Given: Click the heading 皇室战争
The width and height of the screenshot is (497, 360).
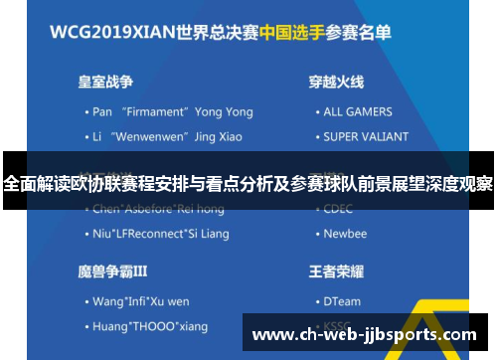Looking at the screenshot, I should [107, 82].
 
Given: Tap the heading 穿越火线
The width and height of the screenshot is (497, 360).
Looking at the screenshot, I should [336, 82].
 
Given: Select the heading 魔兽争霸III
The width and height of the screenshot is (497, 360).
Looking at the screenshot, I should [112, 270].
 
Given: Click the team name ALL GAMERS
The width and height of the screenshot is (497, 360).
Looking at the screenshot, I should [358, 111].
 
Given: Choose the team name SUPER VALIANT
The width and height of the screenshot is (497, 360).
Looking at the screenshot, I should [365, 136].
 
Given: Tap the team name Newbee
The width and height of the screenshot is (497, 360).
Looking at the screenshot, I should [345, 234].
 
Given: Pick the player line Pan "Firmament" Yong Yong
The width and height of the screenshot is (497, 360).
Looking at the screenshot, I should [165, 111].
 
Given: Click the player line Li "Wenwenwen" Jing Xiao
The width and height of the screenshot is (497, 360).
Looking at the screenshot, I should [159, 136].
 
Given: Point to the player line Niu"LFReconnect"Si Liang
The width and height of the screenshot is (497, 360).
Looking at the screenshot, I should [159, 234].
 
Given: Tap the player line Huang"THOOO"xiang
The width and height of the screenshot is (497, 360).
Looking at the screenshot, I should [149, 325].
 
